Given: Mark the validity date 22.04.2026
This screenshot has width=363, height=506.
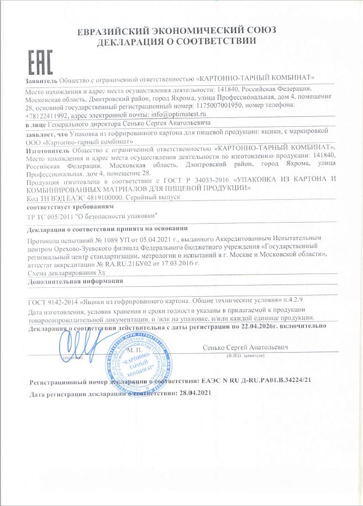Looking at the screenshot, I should coord(261,326).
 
